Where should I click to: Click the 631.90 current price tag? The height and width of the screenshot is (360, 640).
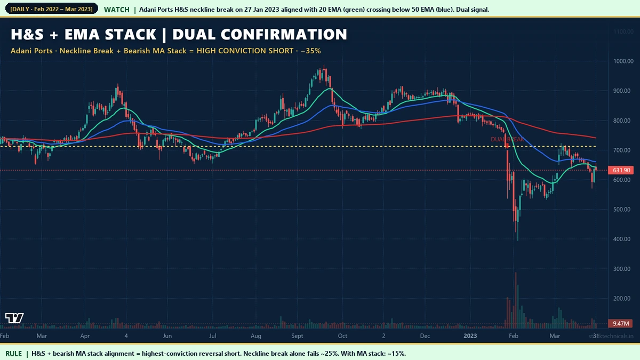621,170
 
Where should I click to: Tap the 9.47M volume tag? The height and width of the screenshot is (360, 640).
621,324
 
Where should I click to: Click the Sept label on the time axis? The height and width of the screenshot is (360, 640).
298,336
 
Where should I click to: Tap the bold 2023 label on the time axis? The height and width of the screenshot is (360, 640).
470,336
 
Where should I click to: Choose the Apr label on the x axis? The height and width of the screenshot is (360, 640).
85,336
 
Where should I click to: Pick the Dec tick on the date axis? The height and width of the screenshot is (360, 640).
425,336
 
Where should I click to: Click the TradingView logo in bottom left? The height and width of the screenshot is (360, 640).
14,318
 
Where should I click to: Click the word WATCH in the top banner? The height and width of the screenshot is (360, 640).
116,10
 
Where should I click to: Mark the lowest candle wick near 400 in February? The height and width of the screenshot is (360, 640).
518,239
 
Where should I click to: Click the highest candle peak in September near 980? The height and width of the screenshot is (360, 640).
324,67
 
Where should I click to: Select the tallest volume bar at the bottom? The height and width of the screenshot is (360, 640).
516,299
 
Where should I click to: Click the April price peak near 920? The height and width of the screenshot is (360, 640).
117,85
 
